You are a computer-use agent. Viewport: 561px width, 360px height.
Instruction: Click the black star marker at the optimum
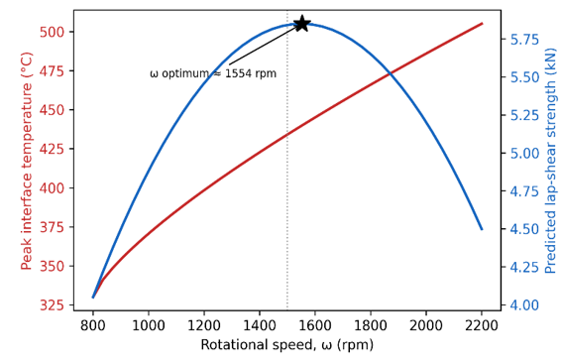pyautogui.click(x=302, y=24)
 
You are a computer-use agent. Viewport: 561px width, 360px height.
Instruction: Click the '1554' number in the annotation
pyautogui.click(x=239, y=73)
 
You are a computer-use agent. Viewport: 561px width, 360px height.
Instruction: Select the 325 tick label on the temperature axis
pyautogui.click(x=52, y=305)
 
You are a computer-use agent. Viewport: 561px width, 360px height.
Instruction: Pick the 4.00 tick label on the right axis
pyautogui.click(x=524, y=305)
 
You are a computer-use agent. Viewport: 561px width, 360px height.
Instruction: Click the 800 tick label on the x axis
pyautogui.click(x=93, y=325)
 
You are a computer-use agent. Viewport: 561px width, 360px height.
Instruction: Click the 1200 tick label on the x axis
pyautogui.click(x=204, y=325)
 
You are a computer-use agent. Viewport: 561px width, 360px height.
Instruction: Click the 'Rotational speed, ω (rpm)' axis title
pyautogui.click(x=286, y=345)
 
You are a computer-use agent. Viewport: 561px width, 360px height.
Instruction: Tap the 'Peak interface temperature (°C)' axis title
pyautogui.click(x=27, y=161)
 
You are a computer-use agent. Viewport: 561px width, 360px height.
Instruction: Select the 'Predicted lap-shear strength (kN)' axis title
pyautogui.click(x=551, y=161)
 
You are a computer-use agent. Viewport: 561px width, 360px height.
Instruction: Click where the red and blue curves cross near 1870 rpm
pyautogui.click(x=391, y=73)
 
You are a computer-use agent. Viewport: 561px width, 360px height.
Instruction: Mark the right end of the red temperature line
pyautogui.click(x=482, y=24)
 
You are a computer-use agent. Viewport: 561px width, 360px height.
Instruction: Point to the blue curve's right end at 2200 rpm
pyautogui.click(x=482, y=229)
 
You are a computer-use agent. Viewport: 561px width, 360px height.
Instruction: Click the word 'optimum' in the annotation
pyautogui.click(x=185, y=74)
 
